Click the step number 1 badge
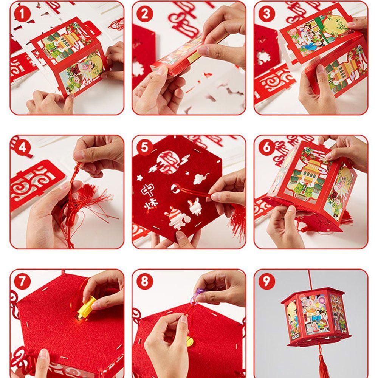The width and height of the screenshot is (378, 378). [22, 14]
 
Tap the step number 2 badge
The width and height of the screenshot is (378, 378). [145, 14]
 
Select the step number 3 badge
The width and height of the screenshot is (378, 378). [266, 14]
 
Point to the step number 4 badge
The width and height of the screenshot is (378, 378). [22, 147]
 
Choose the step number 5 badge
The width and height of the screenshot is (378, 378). [145, 147]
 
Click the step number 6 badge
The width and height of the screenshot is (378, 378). [266, 147]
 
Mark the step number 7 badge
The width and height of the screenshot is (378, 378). [22, 281]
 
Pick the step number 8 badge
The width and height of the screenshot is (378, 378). [145, 281]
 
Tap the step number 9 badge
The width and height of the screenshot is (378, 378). [266, 281]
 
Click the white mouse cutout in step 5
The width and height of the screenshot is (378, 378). [201, 179]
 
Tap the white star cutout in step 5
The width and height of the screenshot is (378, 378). [140, 178]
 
